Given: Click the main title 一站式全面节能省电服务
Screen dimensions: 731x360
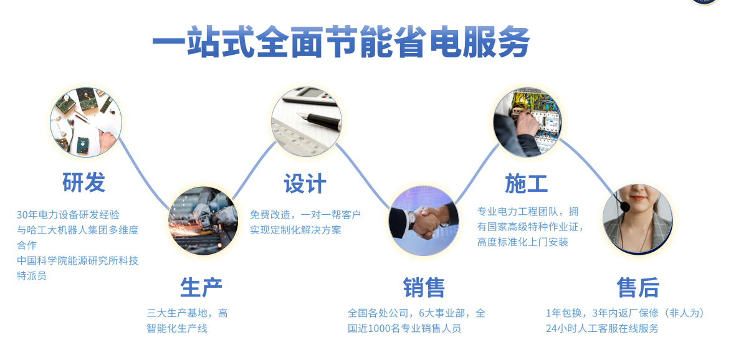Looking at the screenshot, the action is point(341,42).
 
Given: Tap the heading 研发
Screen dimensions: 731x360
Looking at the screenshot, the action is point(84,182).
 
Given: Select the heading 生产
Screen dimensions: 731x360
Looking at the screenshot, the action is point(201,287).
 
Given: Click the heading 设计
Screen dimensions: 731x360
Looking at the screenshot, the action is point(305,184).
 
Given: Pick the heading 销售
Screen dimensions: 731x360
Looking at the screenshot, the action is point(424,287).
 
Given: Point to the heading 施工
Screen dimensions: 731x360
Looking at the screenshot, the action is point(527,184).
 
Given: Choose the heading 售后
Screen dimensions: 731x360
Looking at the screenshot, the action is point(638,287).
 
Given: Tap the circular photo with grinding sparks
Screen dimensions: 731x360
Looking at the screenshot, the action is point(203,220).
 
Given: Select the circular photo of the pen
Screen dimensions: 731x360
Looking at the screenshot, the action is point(306,121).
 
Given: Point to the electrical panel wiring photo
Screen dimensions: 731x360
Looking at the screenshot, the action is point(527,123).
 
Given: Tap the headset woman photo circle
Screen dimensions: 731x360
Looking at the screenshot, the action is point(638,219).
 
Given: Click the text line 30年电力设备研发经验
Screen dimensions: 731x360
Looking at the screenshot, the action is point(68,215).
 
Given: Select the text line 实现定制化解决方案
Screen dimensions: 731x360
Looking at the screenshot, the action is point(295,230).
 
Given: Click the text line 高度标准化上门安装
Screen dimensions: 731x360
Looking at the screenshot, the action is point(523,242).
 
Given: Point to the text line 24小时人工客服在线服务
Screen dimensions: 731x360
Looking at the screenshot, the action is point(603,328).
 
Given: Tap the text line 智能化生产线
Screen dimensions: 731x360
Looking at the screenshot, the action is point(177,328).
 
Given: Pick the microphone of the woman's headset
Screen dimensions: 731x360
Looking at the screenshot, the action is point(624,207).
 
